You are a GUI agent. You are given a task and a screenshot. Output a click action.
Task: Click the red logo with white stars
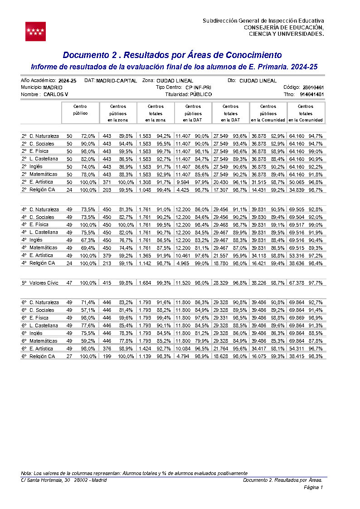(x=35, y=31)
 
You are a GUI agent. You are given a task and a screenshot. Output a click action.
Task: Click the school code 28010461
(x=313, y=87)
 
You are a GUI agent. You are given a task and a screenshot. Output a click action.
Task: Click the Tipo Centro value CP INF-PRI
(x=198, y=87)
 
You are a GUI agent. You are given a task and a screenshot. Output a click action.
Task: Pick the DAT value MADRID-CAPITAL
(x=117, y=80)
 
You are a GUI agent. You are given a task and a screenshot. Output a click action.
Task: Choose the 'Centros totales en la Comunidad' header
(x=306, y=113)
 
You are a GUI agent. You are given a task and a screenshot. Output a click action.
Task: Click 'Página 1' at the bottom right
(x=313, y=488)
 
